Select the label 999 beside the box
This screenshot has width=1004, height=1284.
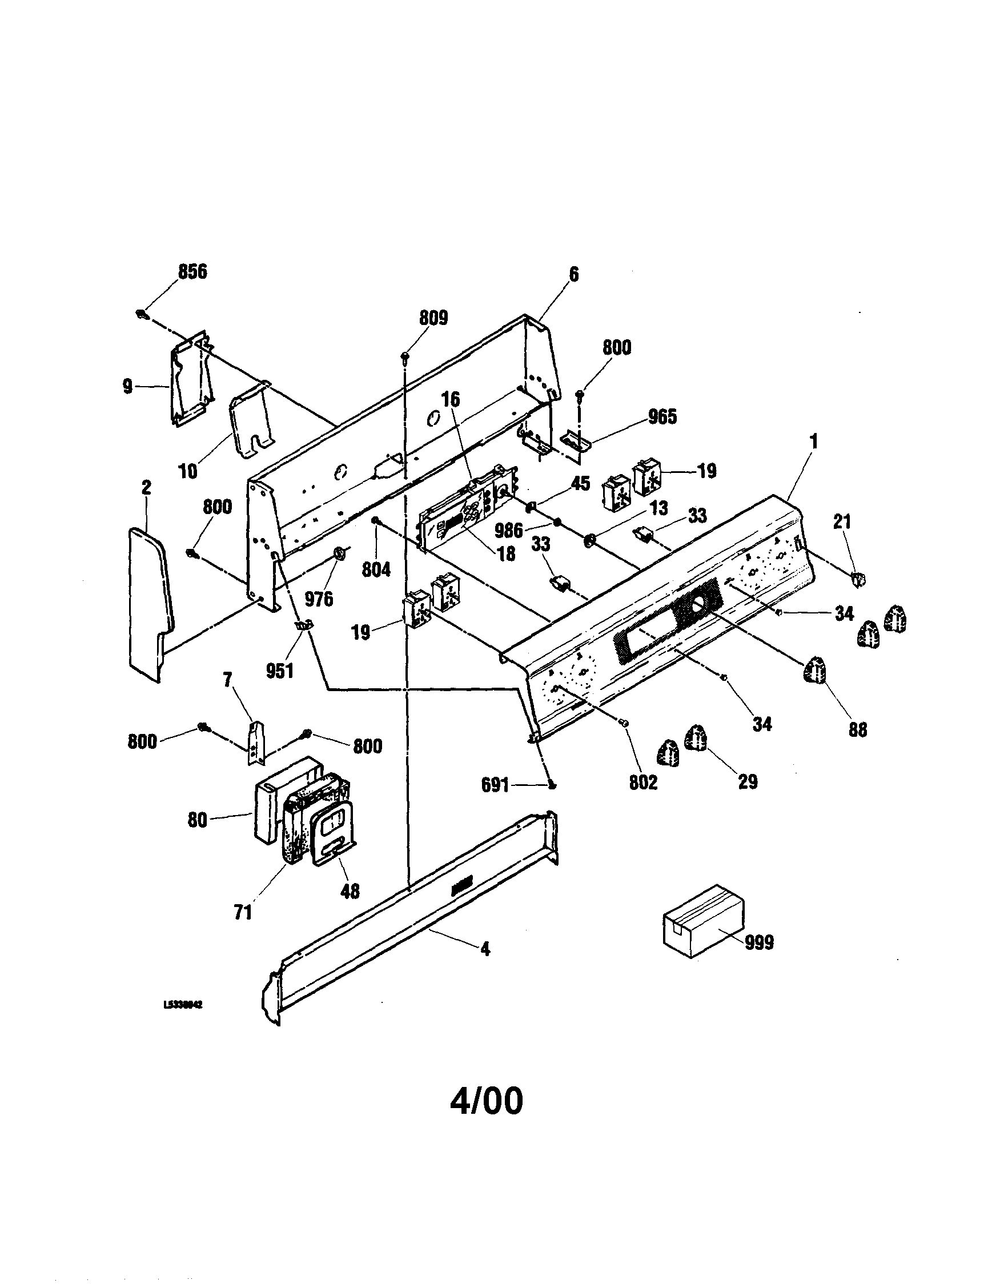[759, 942]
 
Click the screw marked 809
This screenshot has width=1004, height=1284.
[405, 356]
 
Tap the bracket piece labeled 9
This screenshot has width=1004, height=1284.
[189, 379]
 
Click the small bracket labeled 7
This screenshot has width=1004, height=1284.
[255, 741]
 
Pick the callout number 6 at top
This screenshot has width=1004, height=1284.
[573, 275]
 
